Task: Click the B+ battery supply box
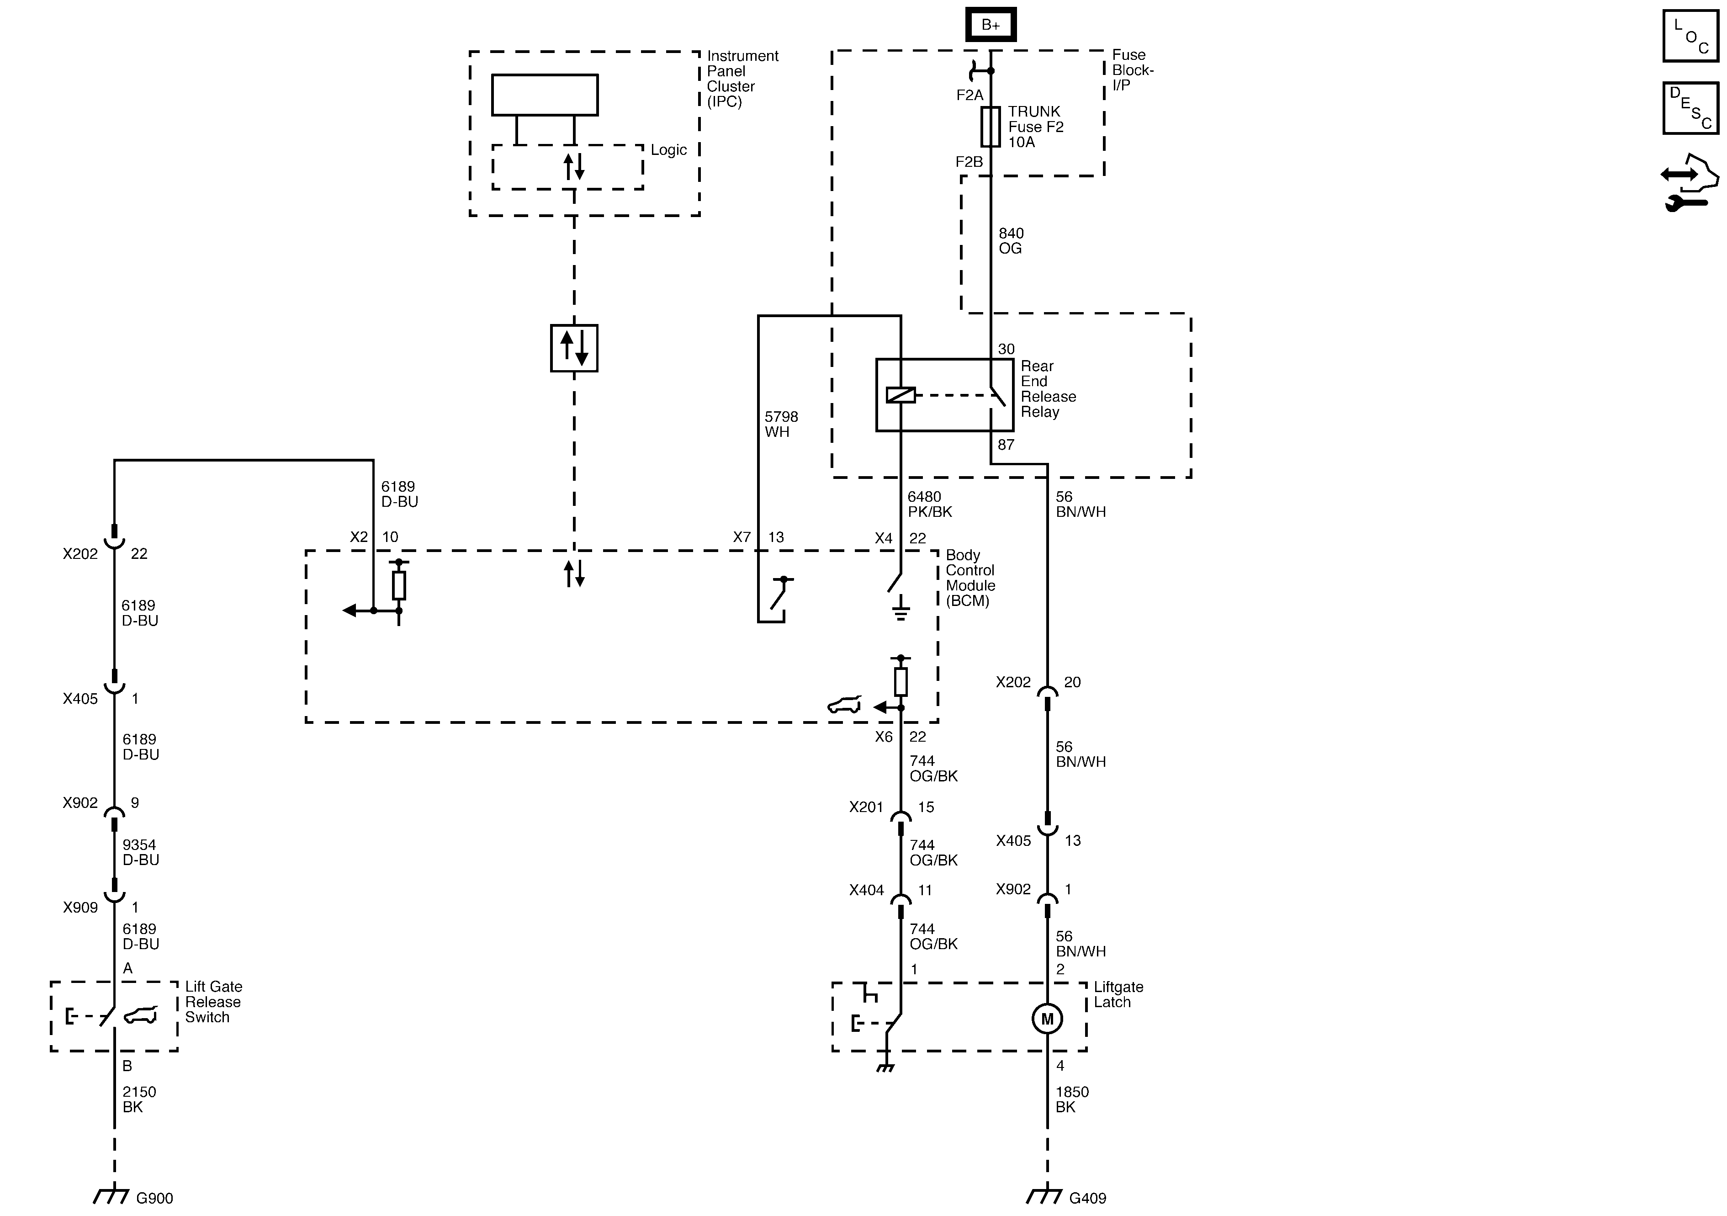[x=990, y=25]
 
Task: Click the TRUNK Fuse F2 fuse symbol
[x=990, y=127]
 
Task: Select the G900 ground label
[x=154, y=1198]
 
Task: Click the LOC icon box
[x=1690, y=35]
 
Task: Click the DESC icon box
[x=1690, y=108]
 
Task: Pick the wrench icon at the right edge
[x=1684, y=202]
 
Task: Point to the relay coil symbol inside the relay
[x=901, y=395]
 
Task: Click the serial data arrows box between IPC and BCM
[x=574, y=348]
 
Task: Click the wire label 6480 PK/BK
[x=930, y=504]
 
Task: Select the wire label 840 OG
[x=1011, y=241]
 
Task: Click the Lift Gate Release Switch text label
[x=214, y=1002]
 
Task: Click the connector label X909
[x=80, y=908]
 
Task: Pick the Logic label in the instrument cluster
[x=669, y=150]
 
